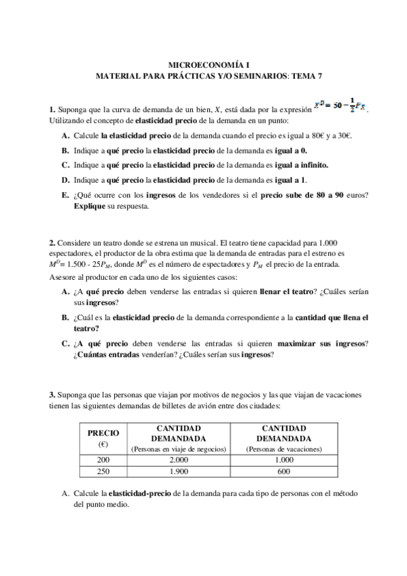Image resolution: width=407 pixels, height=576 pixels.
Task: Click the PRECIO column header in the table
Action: pos(104,432)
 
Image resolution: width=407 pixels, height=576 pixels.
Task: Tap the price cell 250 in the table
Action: pos(104,471)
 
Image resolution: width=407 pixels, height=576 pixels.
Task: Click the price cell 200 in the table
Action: pos(104,459)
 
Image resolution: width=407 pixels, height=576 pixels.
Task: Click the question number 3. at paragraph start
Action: pos(52,395)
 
